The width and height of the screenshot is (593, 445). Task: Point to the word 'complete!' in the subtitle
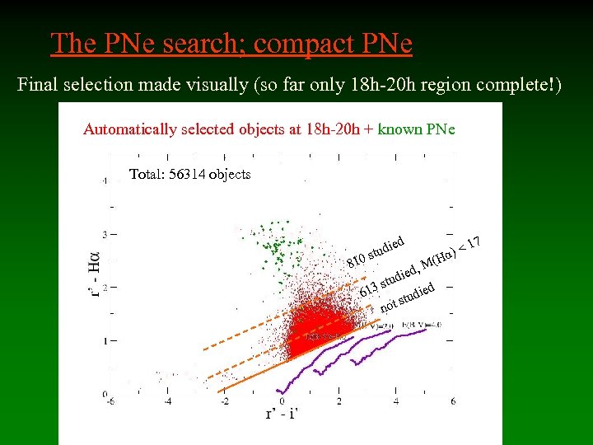coord(519,84)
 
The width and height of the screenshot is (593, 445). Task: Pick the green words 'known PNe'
coord(416,129)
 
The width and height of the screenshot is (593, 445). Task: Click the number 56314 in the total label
coord(187,175)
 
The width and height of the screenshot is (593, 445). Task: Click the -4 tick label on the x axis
coord(168,400)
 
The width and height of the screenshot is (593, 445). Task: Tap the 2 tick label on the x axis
coord(339,400)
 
